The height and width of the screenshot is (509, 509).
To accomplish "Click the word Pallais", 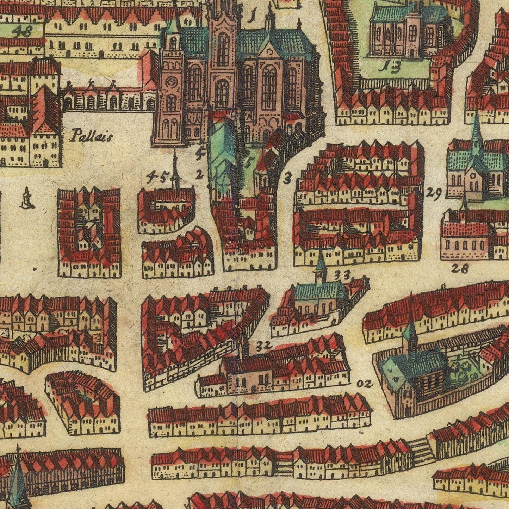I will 91,135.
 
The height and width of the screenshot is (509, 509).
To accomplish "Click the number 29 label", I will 434,193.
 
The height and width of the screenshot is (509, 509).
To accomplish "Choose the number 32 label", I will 264,346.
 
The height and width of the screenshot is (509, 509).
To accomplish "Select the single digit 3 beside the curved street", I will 287,179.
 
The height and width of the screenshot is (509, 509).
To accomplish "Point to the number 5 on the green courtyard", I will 249,162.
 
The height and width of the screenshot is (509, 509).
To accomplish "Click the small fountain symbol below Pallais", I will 27,199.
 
